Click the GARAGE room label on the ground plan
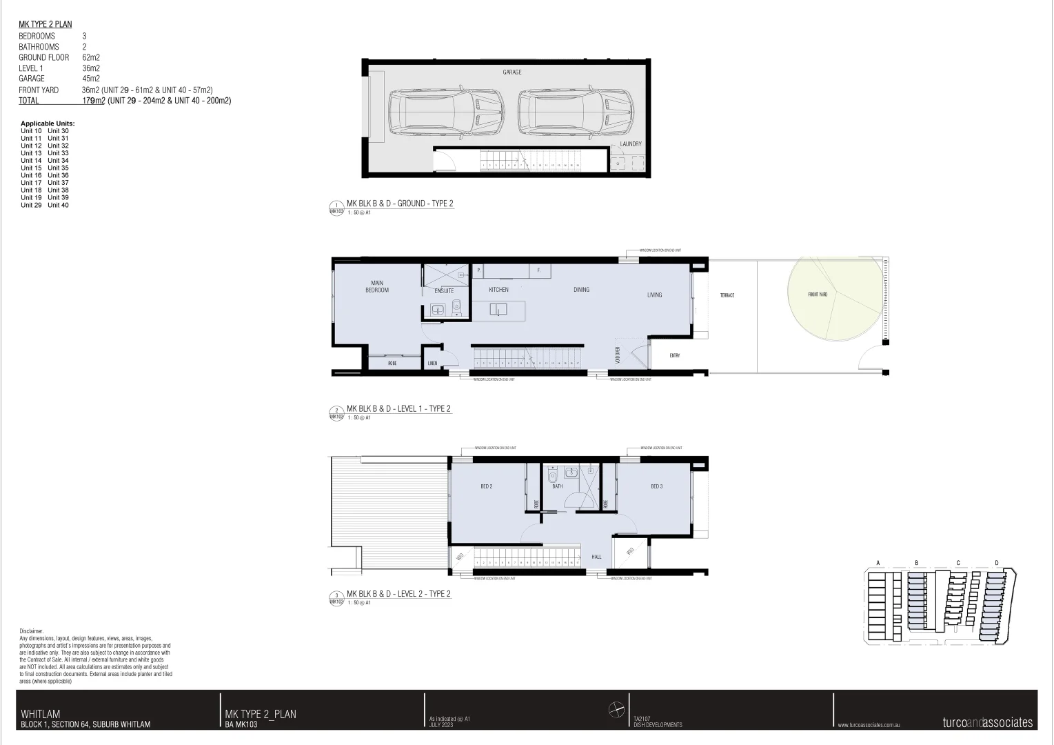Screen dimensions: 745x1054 [511, 72]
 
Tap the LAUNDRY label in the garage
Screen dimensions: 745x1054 [630, 144]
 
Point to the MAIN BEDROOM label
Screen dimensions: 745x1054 [377, 286]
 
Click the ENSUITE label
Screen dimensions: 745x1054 [444, 291]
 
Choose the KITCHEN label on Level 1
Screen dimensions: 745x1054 [498, 290]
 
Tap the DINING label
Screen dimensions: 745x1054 [581, 290]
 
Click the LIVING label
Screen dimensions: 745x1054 [654, 295]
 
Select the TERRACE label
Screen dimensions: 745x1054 [727, 295]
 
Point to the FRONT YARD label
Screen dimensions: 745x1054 [818, 295]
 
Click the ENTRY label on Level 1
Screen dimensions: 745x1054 [674, 356]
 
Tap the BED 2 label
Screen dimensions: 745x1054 [486, 487]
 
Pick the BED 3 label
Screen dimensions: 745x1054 [656, 487]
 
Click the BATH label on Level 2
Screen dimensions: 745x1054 [557, 487]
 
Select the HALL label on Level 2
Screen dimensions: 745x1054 [596, 557]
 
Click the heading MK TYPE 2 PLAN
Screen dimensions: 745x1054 [45, 25]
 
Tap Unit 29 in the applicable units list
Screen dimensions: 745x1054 [31, 205]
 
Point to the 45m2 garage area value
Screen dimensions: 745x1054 [91, 79]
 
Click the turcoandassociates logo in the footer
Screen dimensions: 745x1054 [987, 723]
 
